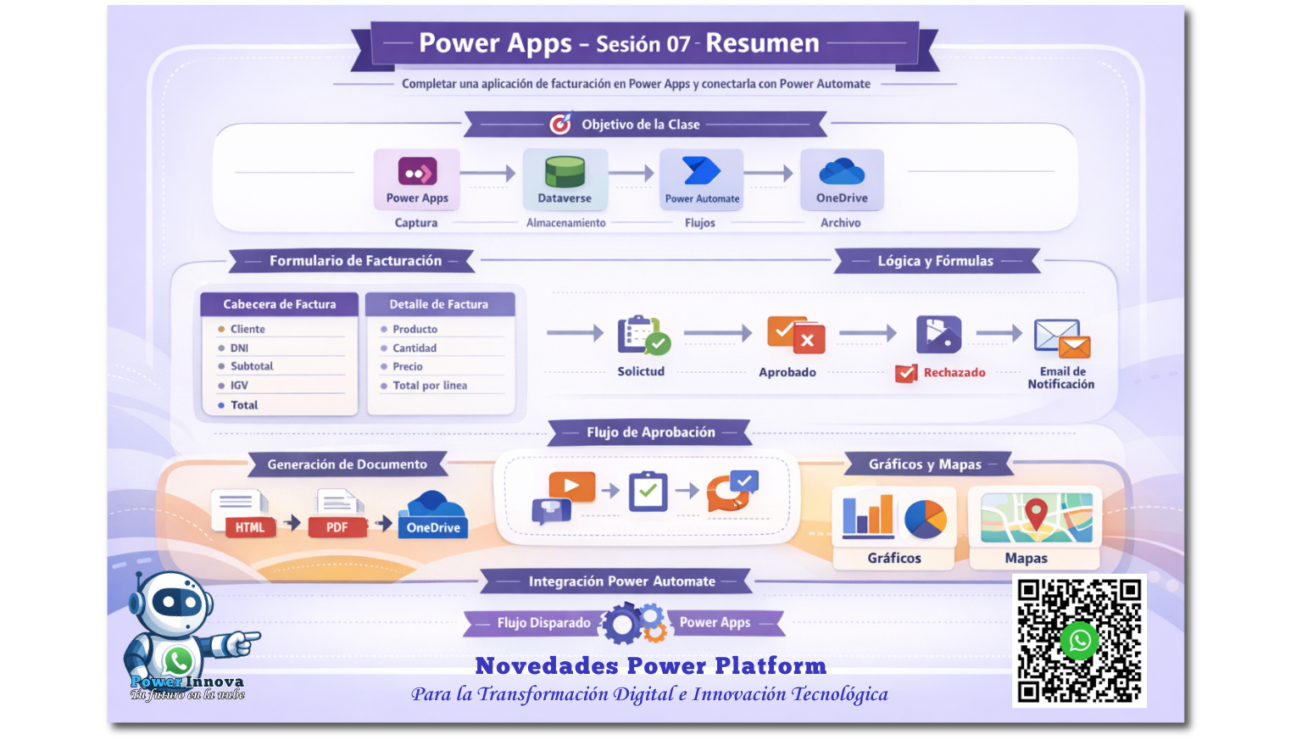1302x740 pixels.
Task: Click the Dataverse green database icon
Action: [x=565, y=171]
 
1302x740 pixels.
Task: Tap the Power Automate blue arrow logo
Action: [x=702, y=171]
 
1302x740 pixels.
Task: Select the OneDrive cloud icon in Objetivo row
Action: [x=842, y=171]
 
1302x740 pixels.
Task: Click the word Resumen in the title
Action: [x=762, y=43]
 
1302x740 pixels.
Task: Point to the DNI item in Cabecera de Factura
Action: [x=240, y=348]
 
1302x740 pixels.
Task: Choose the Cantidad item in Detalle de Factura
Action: [x=415, y=348]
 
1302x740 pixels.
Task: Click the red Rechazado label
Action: [x=954, y=372]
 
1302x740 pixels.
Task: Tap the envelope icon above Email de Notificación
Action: [x=1062, y=338]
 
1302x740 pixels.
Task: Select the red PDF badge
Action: [x=337, y=527]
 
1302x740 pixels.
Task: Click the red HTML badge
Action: [x=250, y=527]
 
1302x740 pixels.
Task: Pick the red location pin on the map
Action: [x=1036, y=513]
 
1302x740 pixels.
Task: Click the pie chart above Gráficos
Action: [x=926, y=519]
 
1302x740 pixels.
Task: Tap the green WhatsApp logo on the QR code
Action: [x=1079, y=641]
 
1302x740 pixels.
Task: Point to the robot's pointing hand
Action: [x=242, y=641]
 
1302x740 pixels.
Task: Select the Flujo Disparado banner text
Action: [x=543, y=622]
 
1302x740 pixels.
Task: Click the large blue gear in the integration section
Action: [x=621, y=625]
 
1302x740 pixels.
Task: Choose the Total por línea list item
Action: [x=430, y=386]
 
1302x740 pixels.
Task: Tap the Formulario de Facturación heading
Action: [x=355, y=260]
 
